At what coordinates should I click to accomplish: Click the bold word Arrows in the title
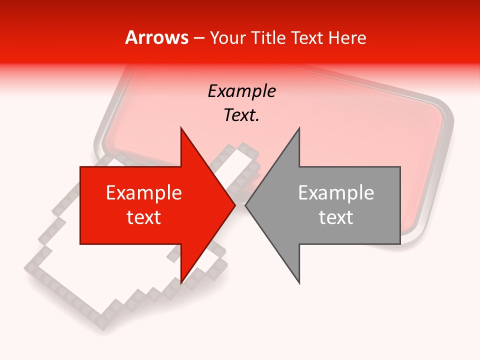156,37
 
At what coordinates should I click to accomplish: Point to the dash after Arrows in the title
198,38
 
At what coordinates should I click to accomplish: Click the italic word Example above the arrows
241,91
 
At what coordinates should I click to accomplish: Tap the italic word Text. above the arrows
241,115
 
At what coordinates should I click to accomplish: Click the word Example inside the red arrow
143,193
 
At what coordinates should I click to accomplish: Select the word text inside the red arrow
143,217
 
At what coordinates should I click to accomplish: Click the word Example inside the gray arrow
336,193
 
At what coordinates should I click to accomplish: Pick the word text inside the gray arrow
336,217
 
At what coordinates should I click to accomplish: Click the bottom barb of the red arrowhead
182,281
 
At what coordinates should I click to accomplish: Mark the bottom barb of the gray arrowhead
298,281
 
